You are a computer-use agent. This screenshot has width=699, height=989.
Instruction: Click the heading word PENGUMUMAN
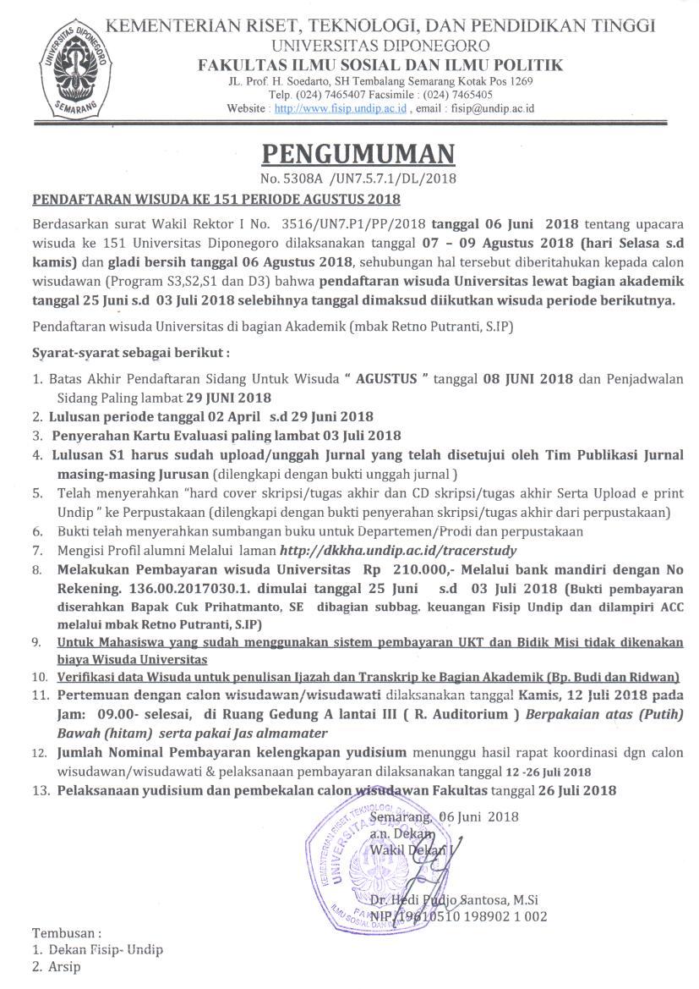pos(358,154)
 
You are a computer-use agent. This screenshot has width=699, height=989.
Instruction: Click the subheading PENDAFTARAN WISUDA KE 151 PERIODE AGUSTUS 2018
pos(216,200)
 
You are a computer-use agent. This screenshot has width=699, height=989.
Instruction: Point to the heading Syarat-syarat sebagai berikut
pos(130,351)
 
